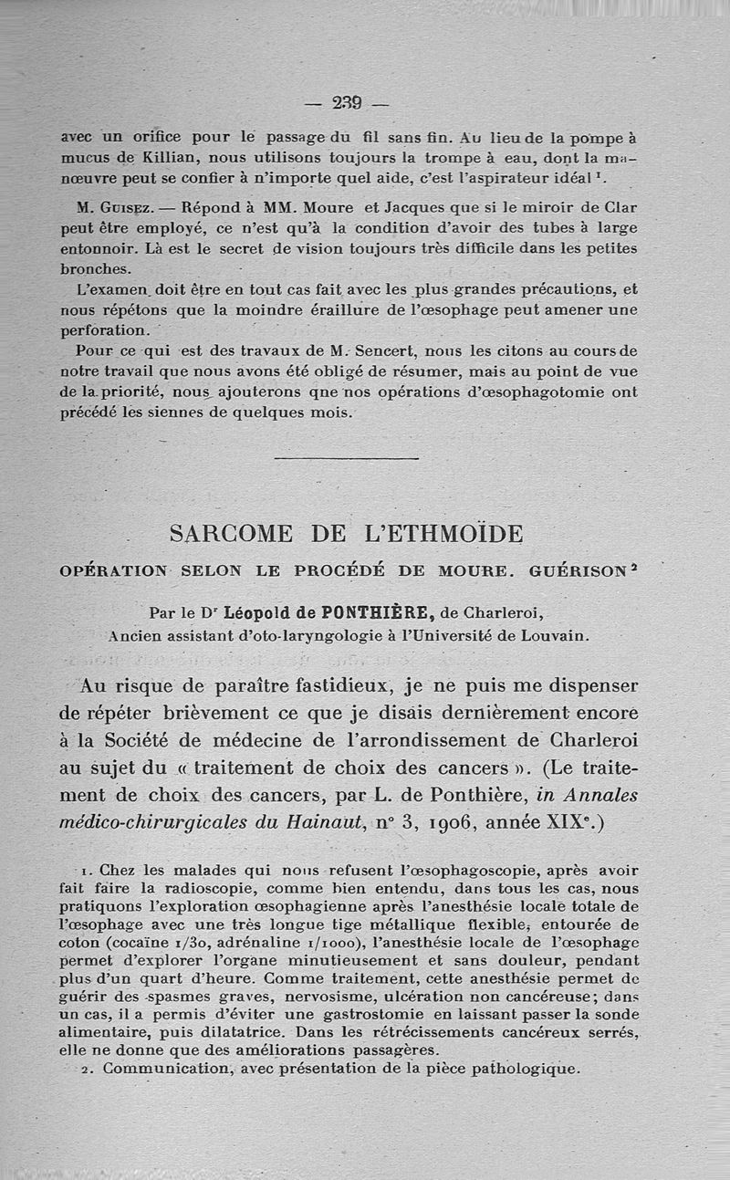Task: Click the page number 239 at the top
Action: (x=347, y=102)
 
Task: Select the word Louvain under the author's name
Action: (x=553, y=636)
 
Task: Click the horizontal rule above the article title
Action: (x=346, y=458)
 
